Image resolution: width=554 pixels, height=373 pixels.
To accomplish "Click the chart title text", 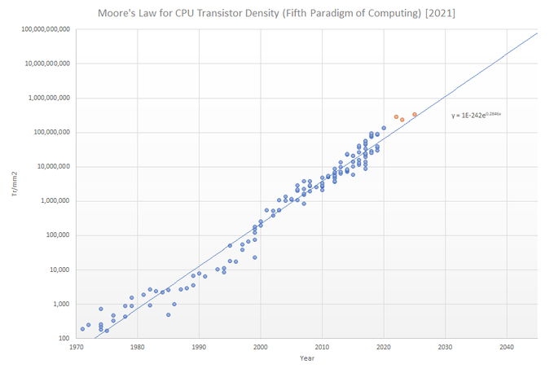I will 276,13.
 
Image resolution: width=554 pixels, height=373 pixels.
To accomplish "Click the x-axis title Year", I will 306,358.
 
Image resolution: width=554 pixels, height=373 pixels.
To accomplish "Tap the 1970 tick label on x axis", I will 76,346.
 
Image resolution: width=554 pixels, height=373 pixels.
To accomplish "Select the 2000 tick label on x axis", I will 261,346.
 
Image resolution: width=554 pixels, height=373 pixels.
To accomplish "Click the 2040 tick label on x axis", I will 507,346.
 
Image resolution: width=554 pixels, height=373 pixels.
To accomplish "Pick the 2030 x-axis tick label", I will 446,346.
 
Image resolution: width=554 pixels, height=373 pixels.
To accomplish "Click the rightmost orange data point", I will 415,115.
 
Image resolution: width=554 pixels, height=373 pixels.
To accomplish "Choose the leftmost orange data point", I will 396,116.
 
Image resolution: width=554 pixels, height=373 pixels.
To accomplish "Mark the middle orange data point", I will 402,120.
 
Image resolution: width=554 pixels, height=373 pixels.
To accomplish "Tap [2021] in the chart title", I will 438,13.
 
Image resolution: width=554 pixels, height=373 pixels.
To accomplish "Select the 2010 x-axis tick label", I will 323,346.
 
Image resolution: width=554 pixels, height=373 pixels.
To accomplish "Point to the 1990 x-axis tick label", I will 199,346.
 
